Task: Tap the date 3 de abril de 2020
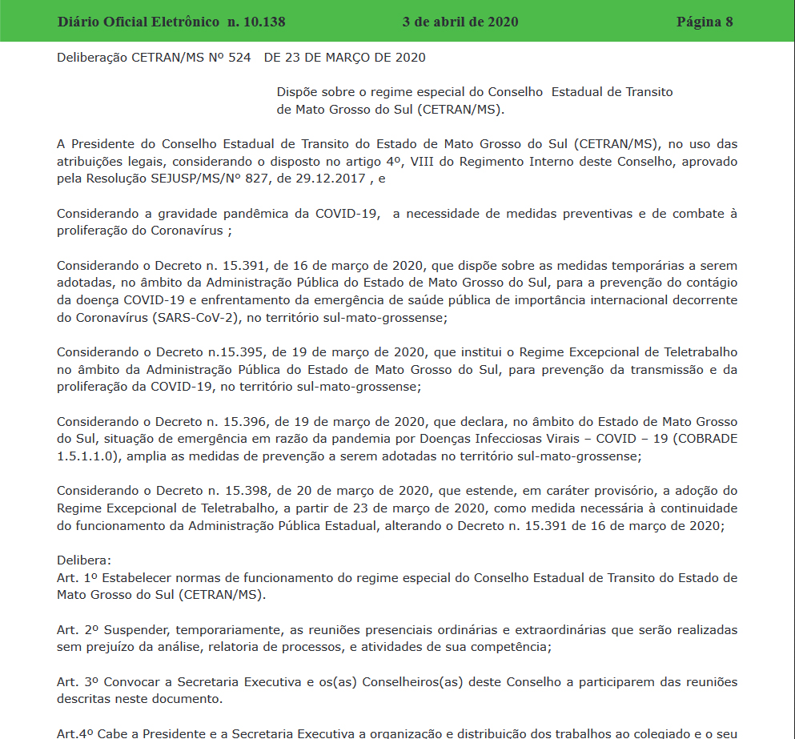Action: coord(460,22)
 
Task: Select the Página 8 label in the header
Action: coord(705,22)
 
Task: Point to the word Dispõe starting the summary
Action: coord(298,92)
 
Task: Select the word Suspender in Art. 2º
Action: coord(137,629)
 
